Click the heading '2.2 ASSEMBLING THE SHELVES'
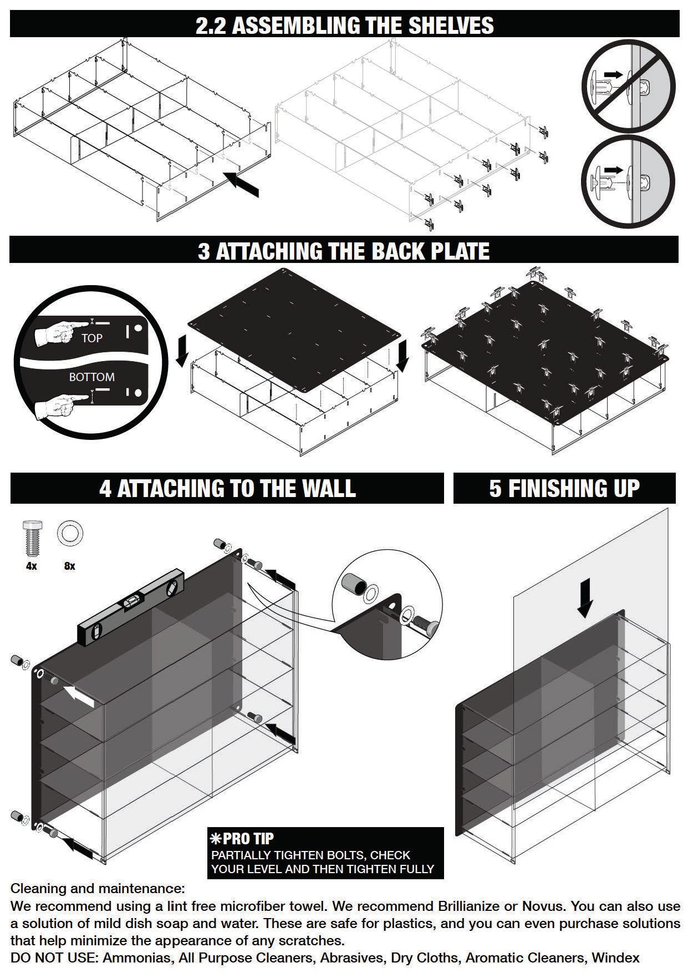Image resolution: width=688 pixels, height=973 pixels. click(x=344, y=26)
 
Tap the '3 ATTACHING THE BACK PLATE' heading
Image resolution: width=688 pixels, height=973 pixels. click(x=344, y=251)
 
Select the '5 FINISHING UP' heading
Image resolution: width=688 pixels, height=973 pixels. click(x=564, y=489)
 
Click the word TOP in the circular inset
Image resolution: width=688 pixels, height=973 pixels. click(x=91, y=338)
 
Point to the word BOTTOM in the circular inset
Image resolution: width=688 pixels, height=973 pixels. click(x=91, y=377)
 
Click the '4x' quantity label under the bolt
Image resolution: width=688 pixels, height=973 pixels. click(x=32, y=566)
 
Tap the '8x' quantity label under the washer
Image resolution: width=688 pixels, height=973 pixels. click(x=69, y=566)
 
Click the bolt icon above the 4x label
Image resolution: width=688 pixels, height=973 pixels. click(x=32, y=538)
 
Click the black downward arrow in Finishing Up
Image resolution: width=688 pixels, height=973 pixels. click(x=585, y=598)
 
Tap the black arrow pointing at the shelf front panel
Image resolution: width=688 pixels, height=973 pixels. click(x=241, y=184)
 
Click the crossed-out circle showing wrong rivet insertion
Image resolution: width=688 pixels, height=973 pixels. click(x=628, y=86)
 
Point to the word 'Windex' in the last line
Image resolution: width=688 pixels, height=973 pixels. click(x=615, y=958)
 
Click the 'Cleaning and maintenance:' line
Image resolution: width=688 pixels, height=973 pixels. click(x=98, y=889)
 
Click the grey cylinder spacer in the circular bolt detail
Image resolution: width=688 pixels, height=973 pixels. click(x=353, y=584)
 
